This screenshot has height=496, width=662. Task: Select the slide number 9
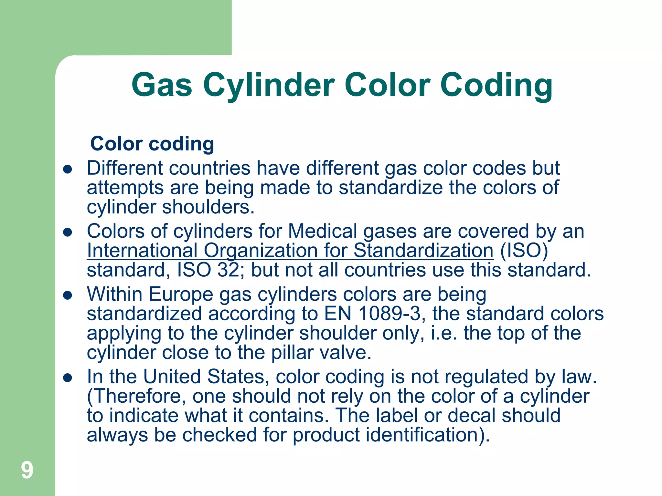pyautogui.click(x=27, y=470)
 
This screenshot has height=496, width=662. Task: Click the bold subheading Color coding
pyautogui.click(x=152, y=143)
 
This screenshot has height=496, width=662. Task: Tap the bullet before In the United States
pyautogui.click(x=68, y=377)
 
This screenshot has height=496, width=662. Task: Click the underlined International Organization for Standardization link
pyautogui.click(x=290, y=251)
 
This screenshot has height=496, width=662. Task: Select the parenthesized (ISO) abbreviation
pyautogui.click(x=524, y=251)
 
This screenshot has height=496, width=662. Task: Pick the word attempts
pyautogui.click(x=125, y=188)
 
